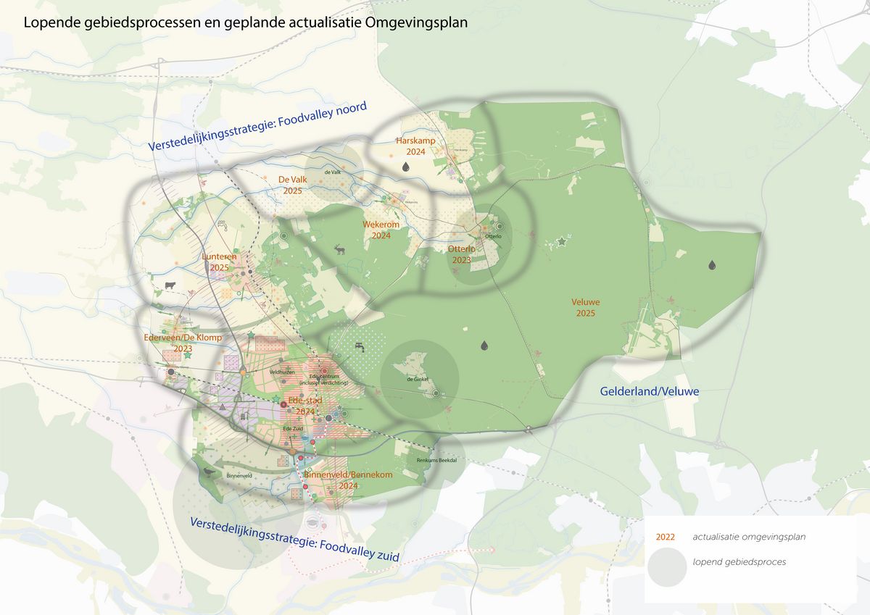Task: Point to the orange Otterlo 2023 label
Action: click(462, 254)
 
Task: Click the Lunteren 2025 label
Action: click(219, 262)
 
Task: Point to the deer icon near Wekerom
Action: click(339, 250)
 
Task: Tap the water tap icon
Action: click(360, 347)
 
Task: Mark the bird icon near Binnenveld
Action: click(210, 472)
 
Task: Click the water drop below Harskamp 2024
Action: click(407, 167)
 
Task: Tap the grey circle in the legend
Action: click(666, 566)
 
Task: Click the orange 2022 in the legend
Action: click(665, 537)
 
